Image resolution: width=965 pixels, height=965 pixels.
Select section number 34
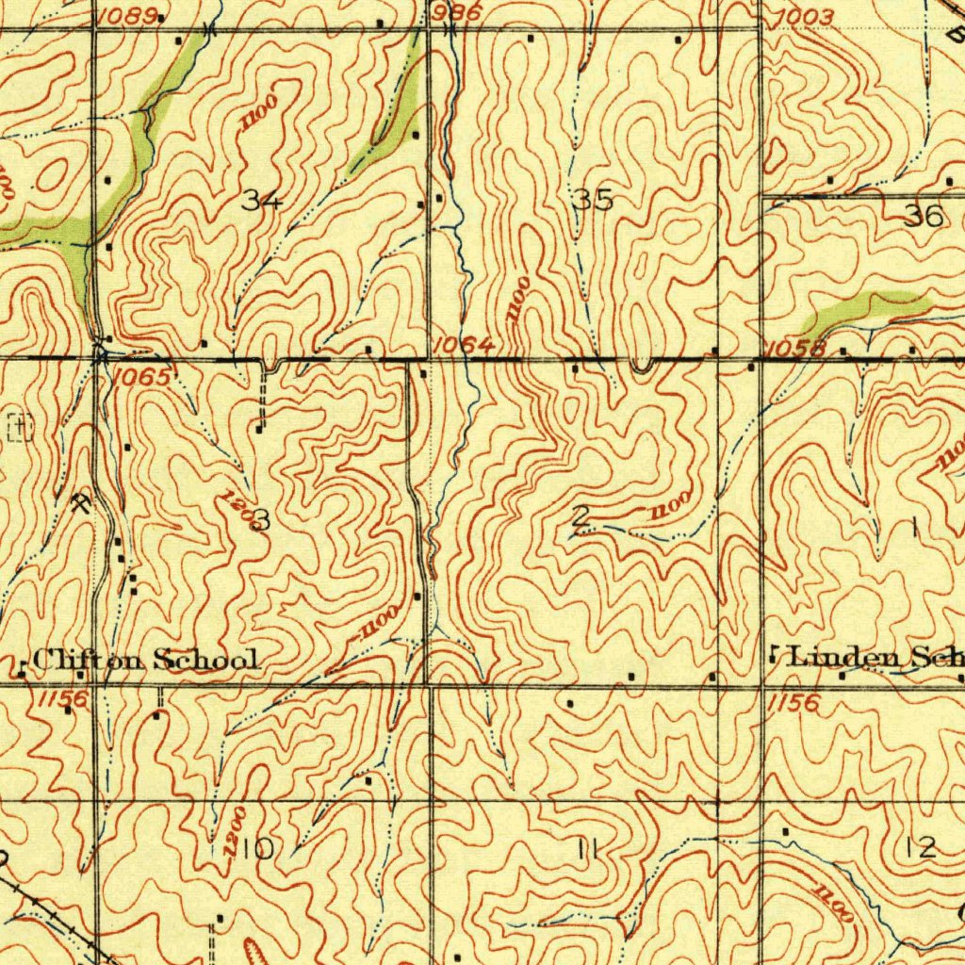pyautogui.click(x=262, y=200)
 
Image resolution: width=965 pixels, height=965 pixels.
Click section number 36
pyautogui.click(x=924, y=217)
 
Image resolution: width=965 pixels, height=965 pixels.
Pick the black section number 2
pyautogui.click(x=581, y=517)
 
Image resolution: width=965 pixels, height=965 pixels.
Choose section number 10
pyautogui.click(x=255, y=849)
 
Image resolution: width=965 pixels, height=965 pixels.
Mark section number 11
pyautogui.click(x=589, y=850)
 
